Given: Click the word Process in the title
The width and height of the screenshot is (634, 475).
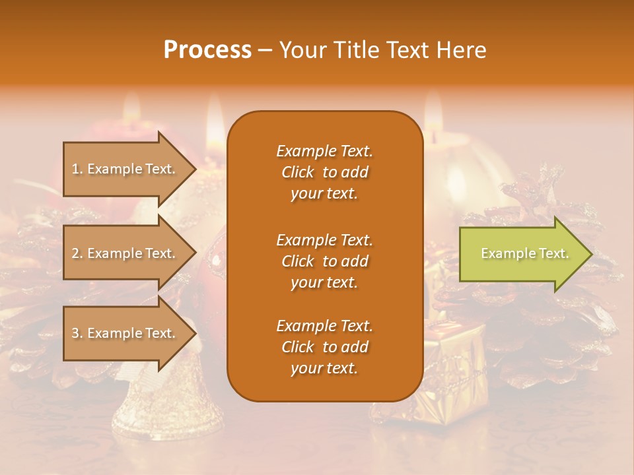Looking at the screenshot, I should click(207, 50).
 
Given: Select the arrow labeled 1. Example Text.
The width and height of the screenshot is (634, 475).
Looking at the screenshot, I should click(125, 169).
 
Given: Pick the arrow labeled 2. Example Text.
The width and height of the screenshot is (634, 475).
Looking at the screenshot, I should click(125, 253).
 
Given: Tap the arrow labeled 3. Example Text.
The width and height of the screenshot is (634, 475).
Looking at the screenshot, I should click(125, 333).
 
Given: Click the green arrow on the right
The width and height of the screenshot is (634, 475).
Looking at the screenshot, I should click(522, 254).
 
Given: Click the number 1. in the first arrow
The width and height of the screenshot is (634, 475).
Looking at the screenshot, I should click(77, 169).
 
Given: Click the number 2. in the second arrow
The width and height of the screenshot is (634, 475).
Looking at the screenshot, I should click(77, 253).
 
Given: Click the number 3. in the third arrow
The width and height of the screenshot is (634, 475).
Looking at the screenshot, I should click(77, 333).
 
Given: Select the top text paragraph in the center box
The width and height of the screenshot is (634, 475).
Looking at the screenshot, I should click(324, 172).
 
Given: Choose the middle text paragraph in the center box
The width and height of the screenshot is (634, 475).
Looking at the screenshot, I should click(324, 261).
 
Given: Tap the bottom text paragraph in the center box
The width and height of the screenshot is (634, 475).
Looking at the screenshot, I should click(324, 347).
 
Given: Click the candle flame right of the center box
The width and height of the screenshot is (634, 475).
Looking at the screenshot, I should click(433, 112).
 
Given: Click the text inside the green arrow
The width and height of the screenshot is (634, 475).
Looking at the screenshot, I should click(524, 253).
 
